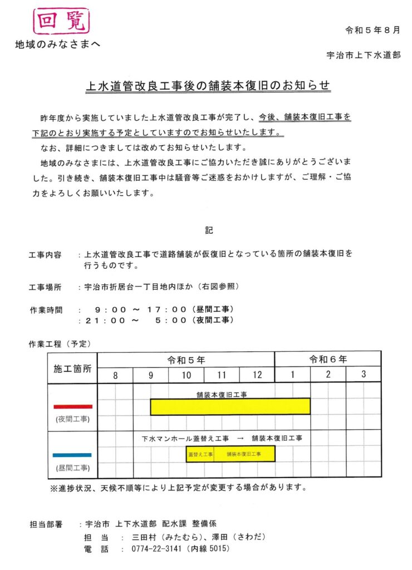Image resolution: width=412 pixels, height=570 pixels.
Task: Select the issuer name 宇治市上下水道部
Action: point(362,55)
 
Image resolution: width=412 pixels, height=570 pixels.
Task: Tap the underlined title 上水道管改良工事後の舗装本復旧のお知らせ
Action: point(207,86)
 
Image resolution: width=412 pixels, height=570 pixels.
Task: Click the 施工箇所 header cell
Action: point(72,368)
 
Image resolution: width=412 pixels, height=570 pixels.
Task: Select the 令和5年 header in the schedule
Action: point(186,360)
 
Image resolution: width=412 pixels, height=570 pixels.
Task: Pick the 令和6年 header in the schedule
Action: point(328,360)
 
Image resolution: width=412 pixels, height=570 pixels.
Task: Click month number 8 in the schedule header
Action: point(115,375)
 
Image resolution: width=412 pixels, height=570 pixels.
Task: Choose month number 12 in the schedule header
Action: point(257,375)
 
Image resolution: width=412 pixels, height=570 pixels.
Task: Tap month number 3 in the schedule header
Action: point(363,375)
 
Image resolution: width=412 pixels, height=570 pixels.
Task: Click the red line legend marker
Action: point(72,406)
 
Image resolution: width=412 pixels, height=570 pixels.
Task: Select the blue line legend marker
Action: point(72,455)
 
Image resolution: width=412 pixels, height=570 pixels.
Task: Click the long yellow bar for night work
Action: point(230,406)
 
